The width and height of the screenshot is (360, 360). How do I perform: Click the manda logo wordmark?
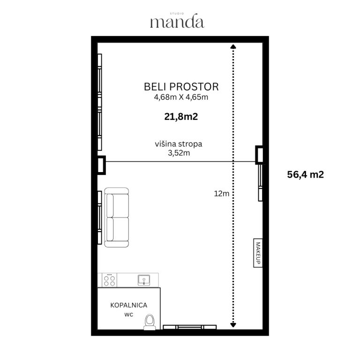point(177,21)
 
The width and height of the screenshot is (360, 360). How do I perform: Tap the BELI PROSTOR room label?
point(181,87)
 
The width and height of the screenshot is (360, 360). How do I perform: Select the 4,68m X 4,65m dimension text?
point(181,97)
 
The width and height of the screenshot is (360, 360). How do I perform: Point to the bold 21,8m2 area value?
point(181,117)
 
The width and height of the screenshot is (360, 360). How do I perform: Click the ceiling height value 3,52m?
point(179,153)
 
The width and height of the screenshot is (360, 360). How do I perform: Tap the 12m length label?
point(222,194)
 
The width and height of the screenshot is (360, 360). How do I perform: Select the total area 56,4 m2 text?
point(305,174)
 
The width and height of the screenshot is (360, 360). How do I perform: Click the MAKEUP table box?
point(258,253)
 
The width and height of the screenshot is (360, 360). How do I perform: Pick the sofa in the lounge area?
point(117,217)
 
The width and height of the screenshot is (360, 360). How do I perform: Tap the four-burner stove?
point(109,280)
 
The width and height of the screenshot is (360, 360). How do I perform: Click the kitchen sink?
point(144,280)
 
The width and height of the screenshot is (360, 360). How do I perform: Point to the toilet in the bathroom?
point(150,322)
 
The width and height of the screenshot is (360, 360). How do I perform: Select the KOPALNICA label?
point(128,305)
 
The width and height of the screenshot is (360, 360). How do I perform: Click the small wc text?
point(129,315)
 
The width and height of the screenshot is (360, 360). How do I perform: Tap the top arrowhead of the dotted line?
point(233,46)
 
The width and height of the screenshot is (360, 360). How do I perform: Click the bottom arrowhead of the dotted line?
point(233,325)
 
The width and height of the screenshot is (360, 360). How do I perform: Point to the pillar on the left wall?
point(101,165)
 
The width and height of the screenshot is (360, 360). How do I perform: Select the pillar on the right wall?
point(259,155)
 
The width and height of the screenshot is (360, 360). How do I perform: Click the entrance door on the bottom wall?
point(190,327)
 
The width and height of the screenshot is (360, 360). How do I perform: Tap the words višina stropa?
point(179,144)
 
